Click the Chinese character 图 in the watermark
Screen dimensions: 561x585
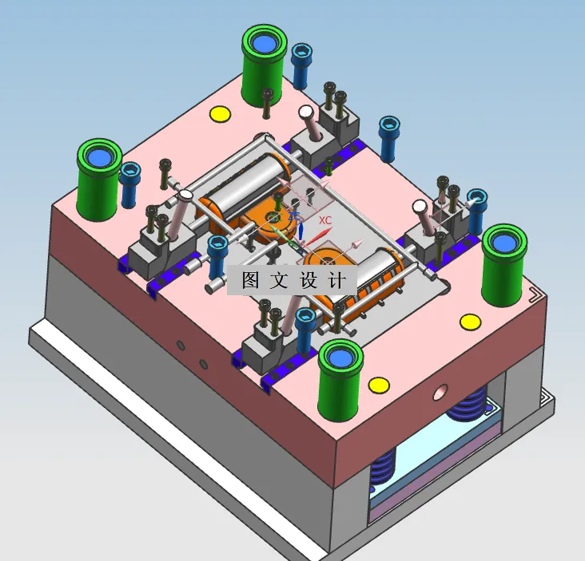coord(249,281)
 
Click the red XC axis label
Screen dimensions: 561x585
coord(324,219)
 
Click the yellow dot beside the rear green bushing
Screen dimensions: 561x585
coord(219,114)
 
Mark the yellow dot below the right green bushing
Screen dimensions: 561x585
coord(470,322)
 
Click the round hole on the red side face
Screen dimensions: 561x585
coord(440,393)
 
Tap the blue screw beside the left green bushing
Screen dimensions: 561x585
coord(129,184)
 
